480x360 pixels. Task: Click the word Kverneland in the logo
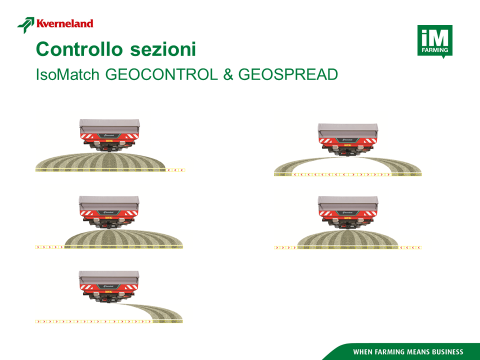pos(65,24)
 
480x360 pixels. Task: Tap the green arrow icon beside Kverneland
pos(26,25)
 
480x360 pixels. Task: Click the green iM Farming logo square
pos(435,41)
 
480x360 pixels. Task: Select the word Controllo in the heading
pos(79,49)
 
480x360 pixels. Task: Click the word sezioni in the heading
pos(163,49)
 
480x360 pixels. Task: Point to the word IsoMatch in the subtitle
pos(68,74)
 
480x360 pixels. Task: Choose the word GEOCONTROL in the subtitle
pos(162,74)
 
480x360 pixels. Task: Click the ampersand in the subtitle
pos(228,74)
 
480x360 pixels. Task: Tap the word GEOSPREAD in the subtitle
pos(288,74)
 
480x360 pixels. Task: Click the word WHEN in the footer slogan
pos(363,352)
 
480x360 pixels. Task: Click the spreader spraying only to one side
pos(109,287)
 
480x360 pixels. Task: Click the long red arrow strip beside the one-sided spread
pos(94,322)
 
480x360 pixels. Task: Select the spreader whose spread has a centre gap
pos(348,139)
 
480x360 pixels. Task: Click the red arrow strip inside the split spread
pos(342,174)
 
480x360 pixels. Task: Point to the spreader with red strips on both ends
pos(348,212)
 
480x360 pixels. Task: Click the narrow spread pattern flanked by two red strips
pos(348,239)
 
